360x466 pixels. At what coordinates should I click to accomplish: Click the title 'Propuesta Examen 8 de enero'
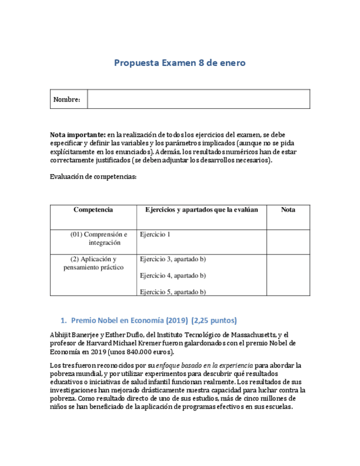tap(180, 63)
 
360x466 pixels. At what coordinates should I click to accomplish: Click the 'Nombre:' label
tap(67, 99)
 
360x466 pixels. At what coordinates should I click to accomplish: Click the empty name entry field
tap(198, 99)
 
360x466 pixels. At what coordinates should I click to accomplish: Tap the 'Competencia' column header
tap(93, 210)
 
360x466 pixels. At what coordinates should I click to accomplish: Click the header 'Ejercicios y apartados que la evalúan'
tap(202, 210)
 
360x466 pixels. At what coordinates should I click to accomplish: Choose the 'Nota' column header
tap(288, 210)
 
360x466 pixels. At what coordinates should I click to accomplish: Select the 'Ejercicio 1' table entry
tap(156, 235)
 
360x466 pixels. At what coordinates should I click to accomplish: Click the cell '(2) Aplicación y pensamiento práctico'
tap(93, 263)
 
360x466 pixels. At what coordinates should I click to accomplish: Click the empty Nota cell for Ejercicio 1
tap(288, 242)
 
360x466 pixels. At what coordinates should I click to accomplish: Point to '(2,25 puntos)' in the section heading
tap(214, 320)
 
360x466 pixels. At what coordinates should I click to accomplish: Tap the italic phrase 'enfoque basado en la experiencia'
tap(204, 365)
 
